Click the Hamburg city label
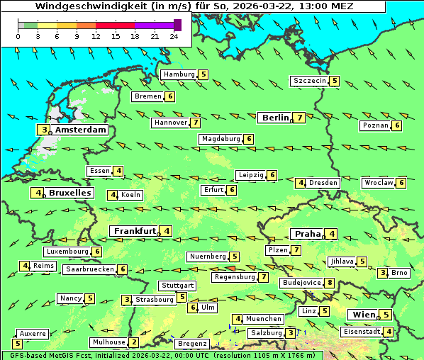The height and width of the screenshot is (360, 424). (179, 74)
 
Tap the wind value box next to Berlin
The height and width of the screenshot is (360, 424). (300, 118)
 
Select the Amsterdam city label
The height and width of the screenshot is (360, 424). (80, 130)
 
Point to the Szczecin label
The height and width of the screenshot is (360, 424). (310, 81)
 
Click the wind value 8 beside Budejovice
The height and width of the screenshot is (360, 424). (330, 283)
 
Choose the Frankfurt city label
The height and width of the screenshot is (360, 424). (134, 231)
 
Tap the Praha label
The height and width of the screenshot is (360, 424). (307, 234)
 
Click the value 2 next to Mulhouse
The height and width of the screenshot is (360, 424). (133, 342)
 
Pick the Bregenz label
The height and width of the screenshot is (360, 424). (191, 344)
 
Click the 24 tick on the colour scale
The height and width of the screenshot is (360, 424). (174, 36)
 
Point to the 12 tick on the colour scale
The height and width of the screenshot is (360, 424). (96, 36)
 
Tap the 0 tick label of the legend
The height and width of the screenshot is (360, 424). (18, 36)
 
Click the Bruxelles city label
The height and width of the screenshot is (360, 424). (69, 193)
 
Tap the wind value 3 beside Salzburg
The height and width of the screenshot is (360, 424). (291, 333)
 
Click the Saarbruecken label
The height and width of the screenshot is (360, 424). (89, 269)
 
